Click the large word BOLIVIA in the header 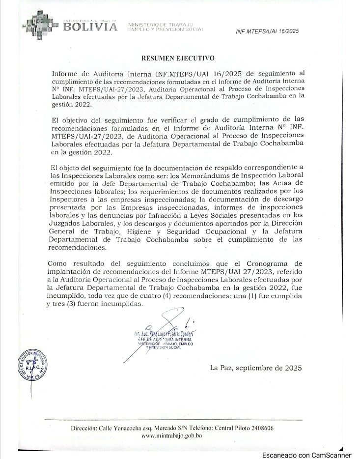(x=91, y=27)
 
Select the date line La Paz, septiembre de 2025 (x=255, y=368)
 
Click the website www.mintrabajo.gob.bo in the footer (x=172, y=436)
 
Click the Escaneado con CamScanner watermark (x=306, y=455)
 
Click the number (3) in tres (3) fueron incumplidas (x=76, y=304)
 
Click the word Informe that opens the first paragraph (x=66, y=74)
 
